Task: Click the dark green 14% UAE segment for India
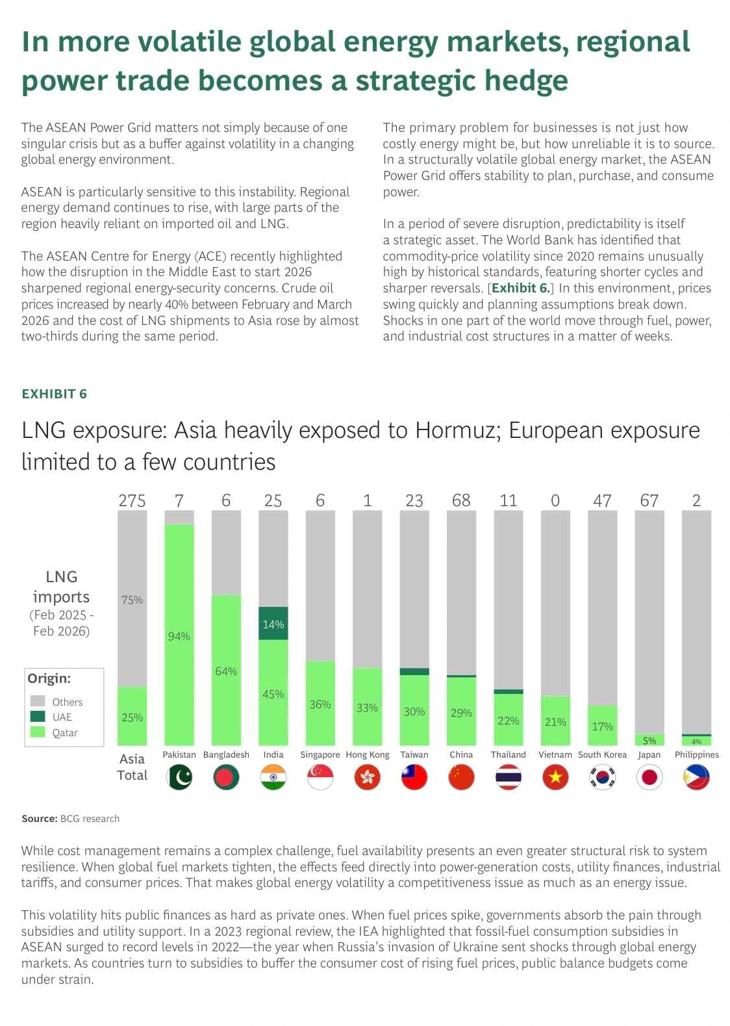pyautogui.click(x=273, y=623)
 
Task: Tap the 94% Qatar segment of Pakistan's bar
pyautogui.click(x=179, y=635)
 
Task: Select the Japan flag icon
pyautogui.click(x=649, y=777)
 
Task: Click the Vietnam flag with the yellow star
pyautogui.click(x=555, y=777)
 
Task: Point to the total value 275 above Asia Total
pyautogui.click(x=132, y=500)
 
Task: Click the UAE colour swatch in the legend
pyautogui.click(x=38, y=716)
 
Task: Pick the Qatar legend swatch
pyautogui.click(x=38, y=732)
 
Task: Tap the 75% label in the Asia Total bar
pyautogui.click(x=132, y=600)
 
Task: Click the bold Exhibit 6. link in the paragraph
pyautogui.click(x=520, y=288)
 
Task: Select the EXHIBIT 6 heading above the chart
pyautogui.click(x=54, y=394)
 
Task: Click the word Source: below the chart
pyautogui.click(x=40, y=819)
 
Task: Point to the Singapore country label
pyautogui.click(x=320, y=755)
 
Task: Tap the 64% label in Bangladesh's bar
pyautogui.click(x=226, y=671)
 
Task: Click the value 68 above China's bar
pyautogui.click(x=461, y=500)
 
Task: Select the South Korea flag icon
pyautogui.click(x=602, y=777)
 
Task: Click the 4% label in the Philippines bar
pyautogui.click(x=697, y=741)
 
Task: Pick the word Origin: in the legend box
pyautogui.click(x=49, y=678)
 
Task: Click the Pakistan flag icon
pyautogui.click(x=179, y=777)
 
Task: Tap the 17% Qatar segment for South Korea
pyautogui.click(x=602, y=726)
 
